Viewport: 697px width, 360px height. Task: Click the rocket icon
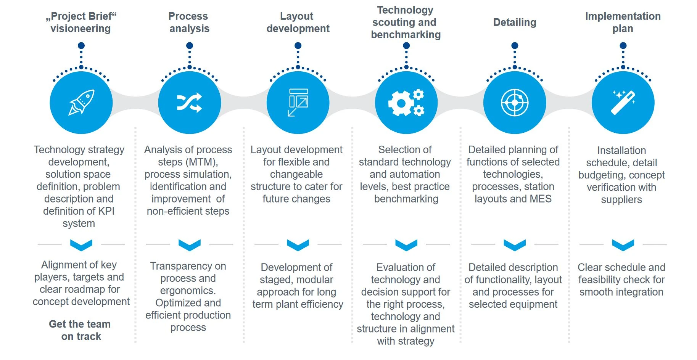pyautogui.click(x=81, y=102)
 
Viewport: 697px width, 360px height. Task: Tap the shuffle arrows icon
pyautogui.click(x=189, y=103)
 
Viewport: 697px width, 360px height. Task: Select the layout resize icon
pyautogui.click(x=298, y=102)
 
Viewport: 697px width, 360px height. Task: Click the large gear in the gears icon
pyautogui.click(x=401, y=103)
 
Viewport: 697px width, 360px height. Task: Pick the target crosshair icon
pyautogui.click(x=515, y=103)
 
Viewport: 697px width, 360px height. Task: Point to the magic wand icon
pyautogui.click(x=623, y=102)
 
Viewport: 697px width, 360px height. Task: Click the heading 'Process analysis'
pyautogui.click(x=189, y=22)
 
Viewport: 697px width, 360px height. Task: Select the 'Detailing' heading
pyautogui.click(x=515, y=22)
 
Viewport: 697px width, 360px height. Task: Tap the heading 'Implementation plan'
pyautogui.click(x=623, y=22)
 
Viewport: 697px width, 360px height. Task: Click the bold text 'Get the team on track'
pyautogui.click(x=80, y=330)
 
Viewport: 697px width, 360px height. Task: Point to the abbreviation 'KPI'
pyautogui.click(x=106, y=211)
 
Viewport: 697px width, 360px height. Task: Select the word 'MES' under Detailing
pyautogui.click(x=541, y=199)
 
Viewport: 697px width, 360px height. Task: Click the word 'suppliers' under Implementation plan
pyautogui.click(x=621, y=200)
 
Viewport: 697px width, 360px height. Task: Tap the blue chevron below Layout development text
pyautogui.click(x=298, y=245)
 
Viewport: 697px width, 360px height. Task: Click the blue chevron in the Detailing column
pyautogui.click(x=515, y=245)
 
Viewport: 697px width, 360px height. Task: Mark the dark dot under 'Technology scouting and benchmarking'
pyautogui.click(x=406, y=46)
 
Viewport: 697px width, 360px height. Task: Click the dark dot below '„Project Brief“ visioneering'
pyautogui.click(x=81, y=46)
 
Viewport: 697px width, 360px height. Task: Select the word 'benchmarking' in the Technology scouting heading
pyautogui.click(x=406, y=35)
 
